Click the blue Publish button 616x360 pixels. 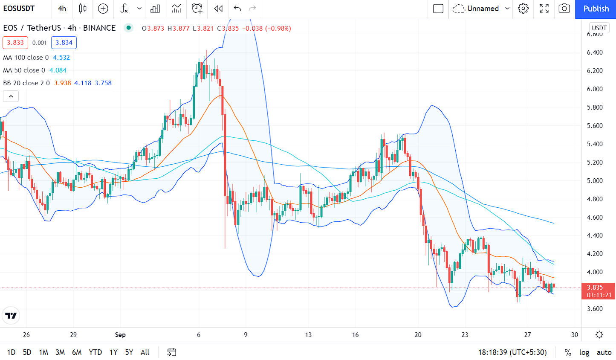click(x=596, y=9)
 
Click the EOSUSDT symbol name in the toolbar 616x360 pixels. click(x=19, y=9)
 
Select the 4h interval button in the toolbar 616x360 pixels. click(x=62, y=9)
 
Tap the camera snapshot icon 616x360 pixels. click(x=564, y=9)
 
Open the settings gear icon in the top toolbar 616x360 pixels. click(x=523, y=9)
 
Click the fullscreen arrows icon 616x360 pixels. click(x=544, y=9)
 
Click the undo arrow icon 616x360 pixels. click(x=237, y=9)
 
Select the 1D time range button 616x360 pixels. click(x=11, y=352)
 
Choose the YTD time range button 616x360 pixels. click(x=95, y=352)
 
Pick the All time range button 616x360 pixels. click(x=145, y=352)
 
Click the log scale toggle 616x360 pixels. click(x=584, y=352)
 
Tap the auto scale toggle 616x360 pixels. click(x=604, y=352)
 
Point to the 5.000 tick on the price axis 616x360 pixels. click(x=595, y=181)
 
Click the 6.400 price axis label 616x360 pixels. click(x=595, y=52)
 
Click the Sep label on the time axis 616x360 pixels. click(x=120, y=335)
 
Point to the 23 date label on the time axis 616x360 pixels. click(x=465, y=335)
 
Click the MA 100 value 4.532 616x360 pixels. click(x=61, y=58)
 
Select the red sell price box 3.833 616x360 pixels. click(x=15, y=43)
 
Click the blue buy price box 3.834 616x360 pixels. click(x=64, y=43)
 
